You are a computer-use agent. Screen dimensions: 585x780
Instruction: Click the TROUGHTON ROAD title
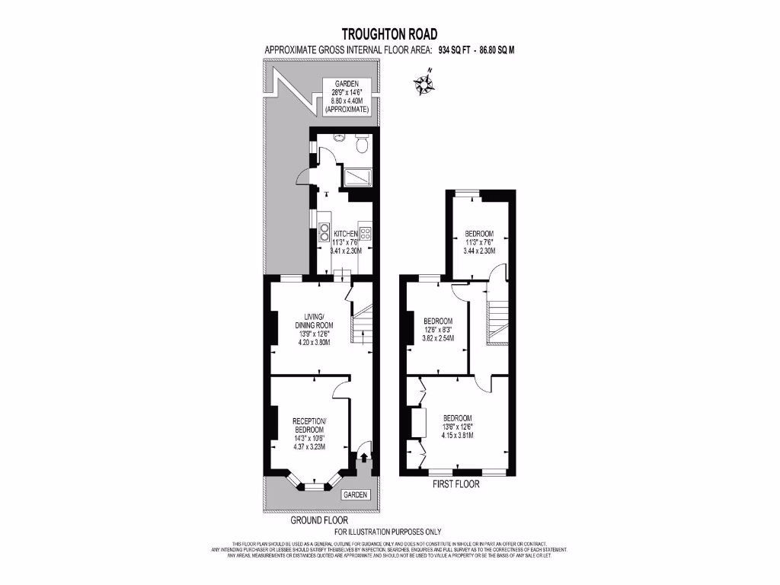(x=389, y=34)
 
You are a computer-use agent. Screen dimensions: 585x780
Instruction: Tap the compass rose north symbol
(x=423, y=84)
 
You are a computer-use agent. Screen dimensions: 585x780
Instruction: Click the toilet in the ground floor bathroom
(x=362, y=142)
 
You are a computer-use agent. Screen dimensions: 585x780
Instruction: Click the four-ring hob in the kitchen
(x=366, y=232)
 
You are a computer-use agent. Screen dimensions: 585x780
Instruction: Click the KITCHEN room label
(x=345, y=233)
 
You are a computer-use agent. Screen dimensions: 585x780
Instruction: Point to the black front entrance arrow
(x=363, y=457)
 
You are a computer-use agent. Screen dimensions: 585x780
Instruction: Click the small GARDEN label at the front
(x=355, y=494)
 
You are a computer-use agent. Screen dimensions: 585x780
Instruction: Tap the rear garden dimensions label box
(x=347, y=96)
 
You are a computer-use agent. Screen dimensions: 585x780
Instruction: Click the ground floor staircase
(x=360, y=324)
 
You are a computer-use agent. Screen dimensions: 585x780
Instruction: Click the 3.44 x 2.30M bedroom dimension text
(x=480, y=251)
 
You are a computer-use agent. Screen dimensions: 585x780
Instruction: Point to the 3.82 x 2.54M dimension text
(x=438, y=338)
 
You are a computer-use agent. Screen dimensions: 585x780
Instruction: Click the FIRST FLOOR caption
(x=456, y=484)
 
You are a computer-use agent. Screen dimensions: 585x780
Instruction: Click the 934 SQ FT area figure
(x=455, y=50)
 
